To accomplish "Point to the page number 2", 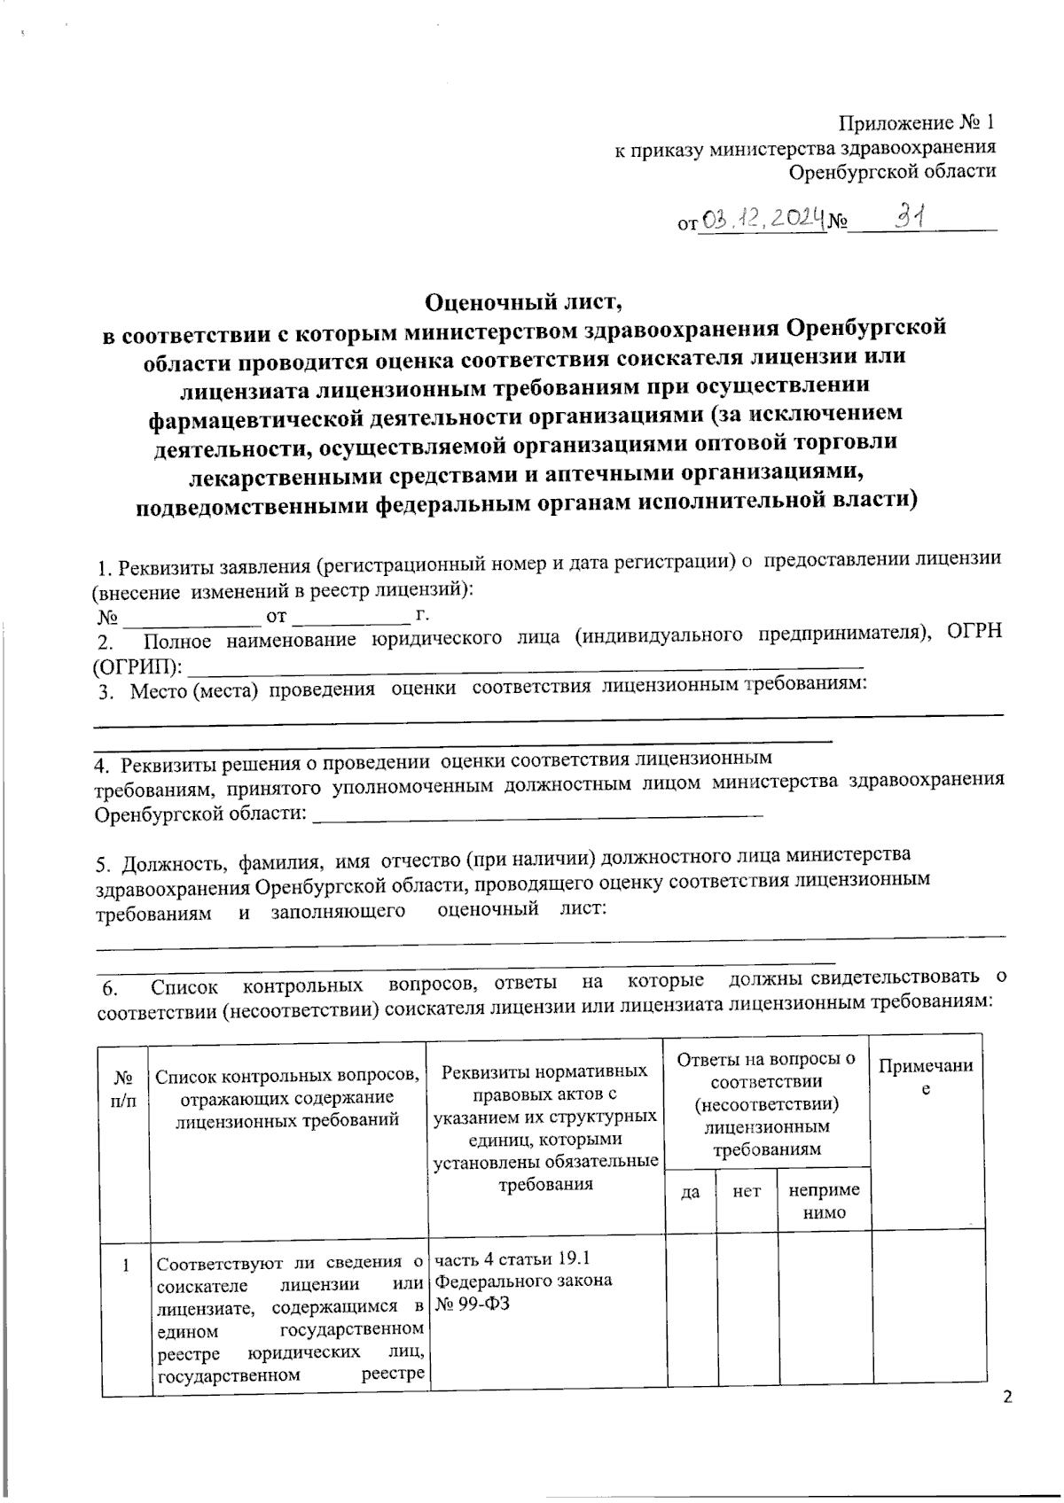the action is tap(1005, 1398).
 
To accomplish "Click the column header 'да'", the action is tap(690, 1193).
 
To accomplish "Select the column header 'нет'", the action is tap(747, 1193).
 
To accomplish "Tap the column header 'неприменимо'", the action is tap(824, 1203).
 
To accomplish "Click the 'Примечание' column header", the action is tap(926, 1076).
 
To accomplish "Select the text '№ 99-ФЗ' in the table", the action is tap(473, 1304).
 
